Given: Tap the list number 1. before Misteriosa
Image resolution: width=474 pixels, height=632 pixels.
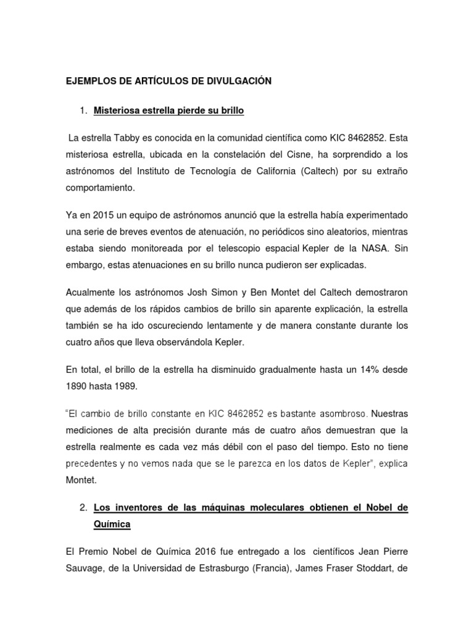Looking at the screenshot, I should [84, 111].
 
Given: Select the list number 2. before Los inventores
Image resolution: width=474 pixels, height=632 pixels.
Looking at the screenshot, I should [84, 507].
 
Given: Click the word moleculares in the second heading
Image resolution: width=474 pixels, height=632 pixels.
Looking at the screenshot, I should [278, 507].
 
